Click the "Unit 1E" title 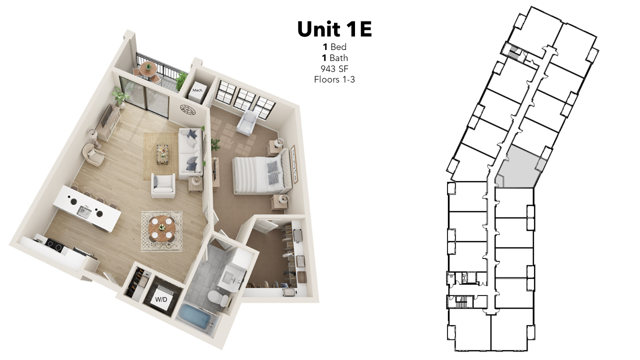[334, 29]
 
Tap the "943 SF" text [334, 69]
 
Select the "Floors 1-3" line [334, 79]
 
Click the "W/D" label [161, 299]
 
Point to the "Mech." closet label [197, 90]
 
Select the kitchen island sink [84, 211]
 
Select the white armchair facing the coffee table [163, 186]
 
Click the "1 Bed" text [334, 47]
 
